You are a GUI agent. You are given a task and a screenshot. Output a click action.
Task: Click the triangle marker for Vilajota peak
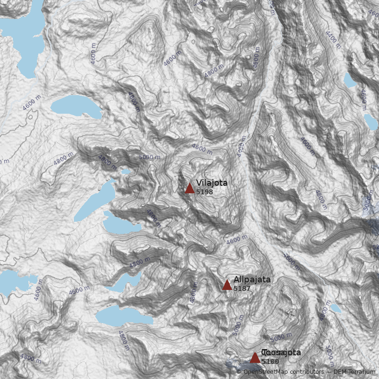[189, 188]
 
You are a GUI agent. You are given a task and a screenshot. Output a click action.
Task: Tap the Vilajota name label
[212, 183]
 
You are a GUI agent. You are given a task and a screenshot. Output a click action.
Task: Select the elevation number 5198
[204, 192]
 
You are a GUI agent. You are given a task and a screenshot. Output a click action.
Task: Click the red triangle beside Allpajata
[227, 285]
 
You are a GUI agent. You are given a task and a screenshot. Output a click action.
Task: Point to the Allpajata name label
[252, 280]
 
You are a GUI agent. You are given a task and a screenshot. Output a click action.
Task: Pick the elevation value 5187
[242, 288]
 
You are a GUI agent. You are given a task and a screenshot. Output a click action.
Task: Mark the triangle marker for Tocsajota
[255, 357]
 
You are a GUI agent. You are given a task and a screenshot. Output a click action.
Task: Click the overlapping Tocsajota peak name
[281, 352]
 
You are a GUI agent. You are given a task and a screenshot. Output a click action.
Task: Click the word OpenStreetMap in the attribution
[264, 372]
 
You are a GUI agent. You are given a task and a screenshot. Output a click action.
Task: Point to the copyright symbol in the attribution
[239, 372]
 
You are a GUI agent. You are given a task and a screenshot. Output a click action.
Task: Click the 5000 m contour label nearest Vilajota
[150, 157]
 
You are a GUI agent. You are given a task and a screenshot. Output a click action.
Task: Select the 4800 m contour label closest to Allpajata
[193, 294]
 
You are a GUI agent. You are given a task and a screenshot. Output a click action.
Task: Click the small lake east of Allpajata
[335, 308]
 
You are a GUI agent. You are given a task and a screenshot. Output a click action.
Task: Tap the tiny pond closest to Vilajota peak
[126, 171]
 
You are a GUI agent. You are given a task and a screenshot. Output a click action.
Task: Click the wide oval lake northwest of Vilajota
[76, 108]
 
